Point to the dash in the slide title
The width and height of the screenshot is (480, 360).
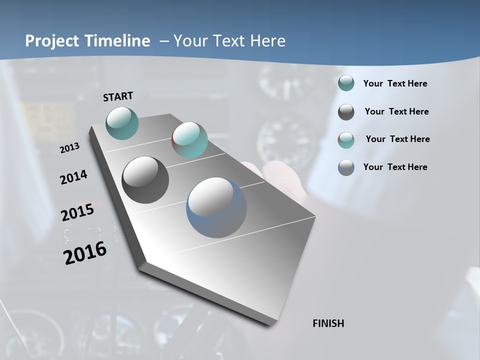click(x=164, y=41)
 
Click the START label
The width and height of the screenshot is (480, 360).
click(x=118, y=96)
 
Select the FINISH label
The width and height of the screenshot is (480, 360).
click(x=328, y=323)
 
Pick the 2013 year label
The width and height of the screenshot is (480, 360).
click(x=69, y=148)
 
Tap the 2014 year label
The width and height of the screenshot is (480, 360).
click(x=73, y=177)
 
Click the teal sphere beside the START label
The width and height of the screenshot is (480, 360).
click(x=122, y=123)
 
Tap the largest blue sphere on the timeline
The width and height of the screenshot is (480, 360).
click(x=216, y=207)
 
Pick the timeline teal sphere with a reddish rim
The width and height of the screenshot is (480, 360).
click(x=189, y=140)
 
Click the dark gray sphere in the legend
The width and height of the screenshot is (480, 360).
click(x=346, y=112)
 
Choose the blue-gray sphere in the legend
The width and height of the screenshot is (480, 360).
click(x=346, y=167)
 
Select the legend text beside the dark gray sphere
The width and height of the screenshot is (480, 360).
click(x=396, y=111)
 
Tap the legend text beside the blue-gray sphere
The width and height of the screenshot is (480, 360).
click(x=395, y=167)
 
